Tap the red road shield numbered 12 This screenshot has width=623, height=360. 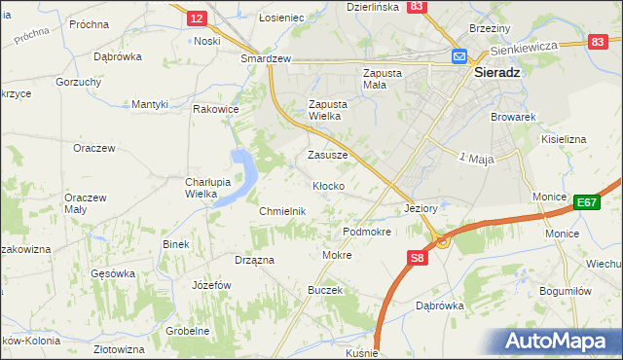pos(196,18)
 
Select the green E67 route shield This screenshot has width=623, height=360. pos(585,202)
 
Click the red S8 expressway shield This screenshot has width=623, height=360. pos(417,258)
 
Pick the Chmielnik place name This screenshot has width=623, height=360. pos(282,211)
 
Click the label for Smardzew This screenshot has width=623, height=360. pos(267,58)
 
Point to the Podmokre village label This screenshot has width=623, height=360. pos(367,233)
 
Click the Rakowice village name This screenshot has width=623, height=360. pos(216,109)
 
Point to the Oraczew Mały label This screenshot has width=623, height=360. pos(86,202)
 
